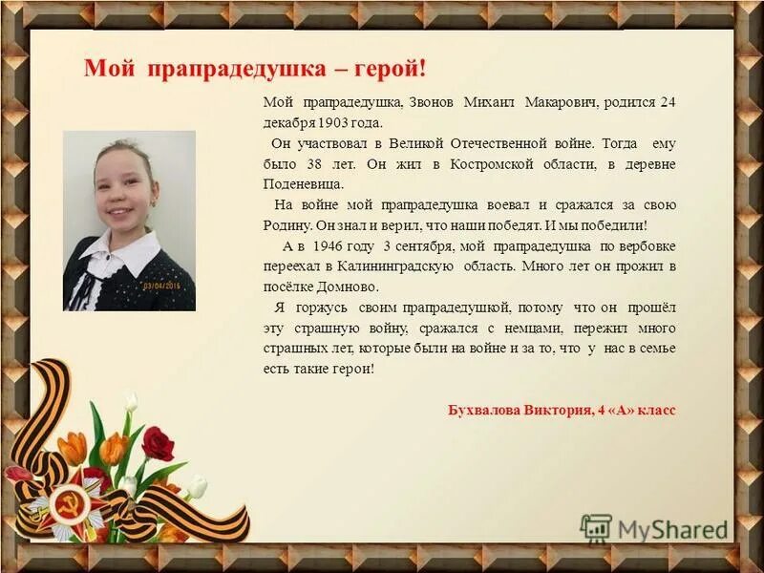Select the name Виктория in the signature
[556, 410]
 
